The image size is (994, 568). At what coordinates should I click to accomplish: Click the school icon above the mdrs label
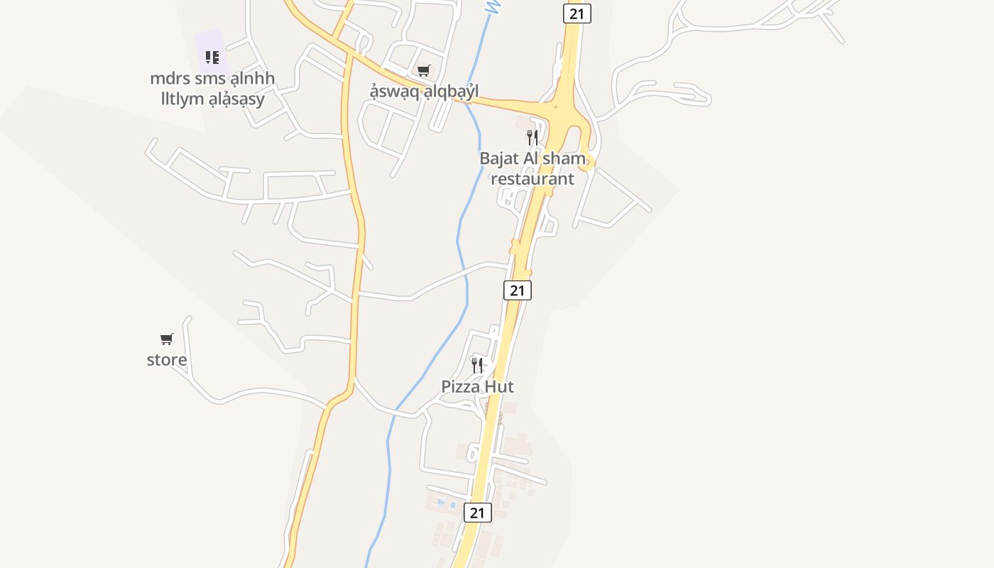pos(212,57)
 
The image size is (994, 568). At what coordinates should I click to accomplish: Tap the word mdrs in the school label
pos(170,79)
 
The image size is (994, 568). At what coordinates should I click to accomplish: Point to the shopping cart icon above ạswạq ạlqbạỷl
pos(424,70)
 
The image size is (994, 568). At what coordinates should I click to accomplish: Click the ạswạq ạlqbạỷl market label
pos(424,92)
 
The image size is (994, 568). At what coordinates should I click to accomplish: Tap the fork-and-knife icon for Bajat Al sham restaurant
pos(532,137)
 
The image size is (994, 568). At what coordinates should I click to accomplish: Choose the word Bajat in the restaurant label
pos(500,158)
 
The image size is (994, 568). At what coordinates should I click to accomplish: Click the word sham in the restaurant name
pos(566,158)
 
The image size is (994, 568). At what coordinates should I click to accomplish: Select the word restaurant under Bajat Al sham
pos(532,178)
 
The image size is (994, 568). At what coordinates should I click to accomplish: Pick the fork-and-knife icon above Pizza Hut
pos(477,366)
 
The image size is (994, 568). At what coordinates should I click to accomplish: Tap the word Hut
pos(500,387)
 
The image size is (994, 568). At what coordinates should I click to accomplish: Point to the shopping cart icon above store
pos(167,339)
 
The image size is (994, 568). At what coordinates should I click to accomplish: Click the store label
pos(167,360)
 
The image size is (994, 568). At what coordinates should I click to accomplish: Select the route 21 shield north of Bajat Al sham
pos(577,13)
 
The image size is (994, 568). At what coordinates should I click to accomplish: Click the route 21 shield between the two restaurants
pos(518,290)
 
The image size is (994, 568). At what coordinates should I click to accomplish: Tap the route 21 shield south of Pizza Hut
pos(477,513)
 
